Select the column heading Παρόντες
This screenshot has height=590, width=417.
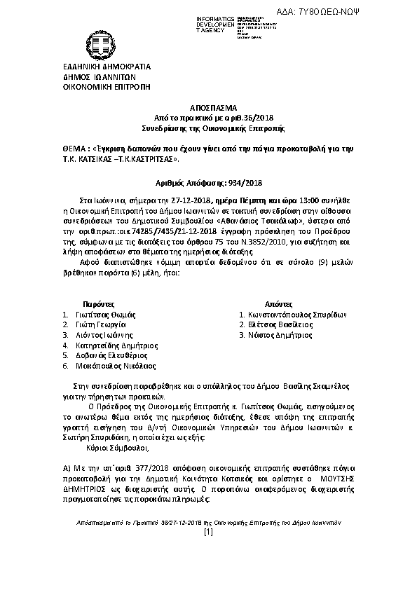tap(98, 306)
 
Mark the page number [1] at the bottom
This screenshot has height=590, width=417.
tap(207, 573)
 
